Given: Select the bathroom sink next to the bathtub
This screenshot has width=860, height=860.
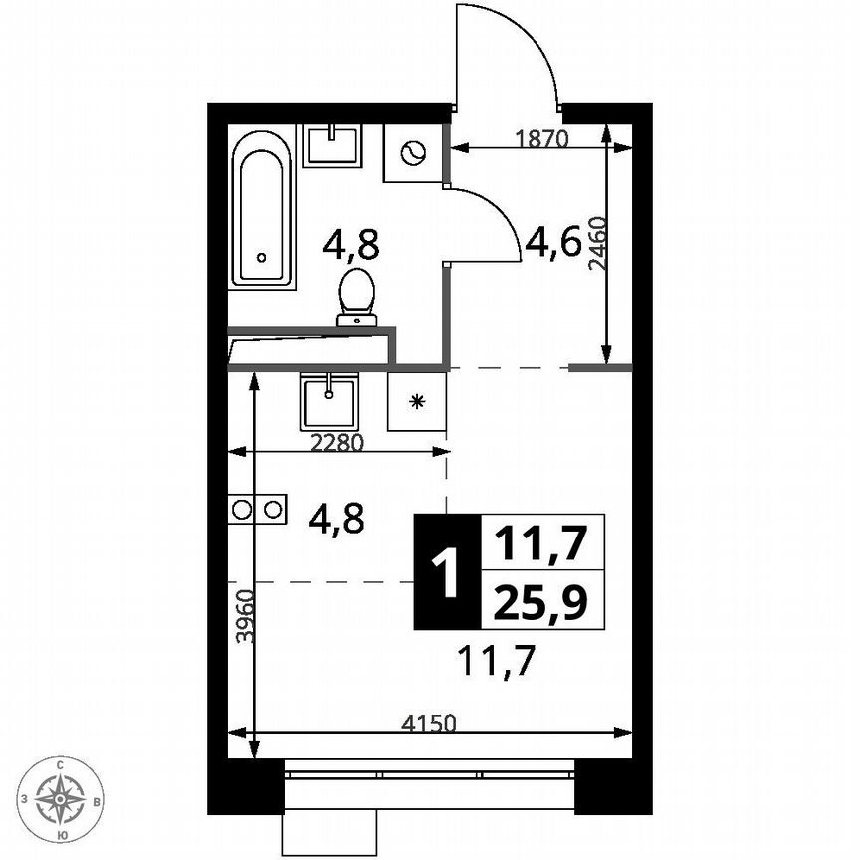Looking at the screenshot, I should (x=332, y=145).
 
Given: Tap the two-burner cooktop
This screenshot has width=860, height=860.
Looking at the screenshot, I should (x=258, y=509).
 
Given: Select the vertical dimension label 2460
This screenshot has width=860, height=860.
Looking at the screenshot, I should (x=596, y=243).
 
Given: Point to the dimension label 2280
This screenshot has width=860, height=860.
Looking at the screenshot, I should (x=336, y=444).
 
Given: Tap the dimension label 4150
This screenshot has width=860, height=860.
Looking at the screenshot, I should (x=428, y=724).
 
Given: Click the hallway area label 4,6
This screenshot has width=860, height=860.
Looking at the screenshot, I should (x=553, y=242).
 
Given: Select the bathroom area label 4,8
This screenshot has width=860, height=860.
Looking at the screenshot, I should (x=352, y=243).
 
